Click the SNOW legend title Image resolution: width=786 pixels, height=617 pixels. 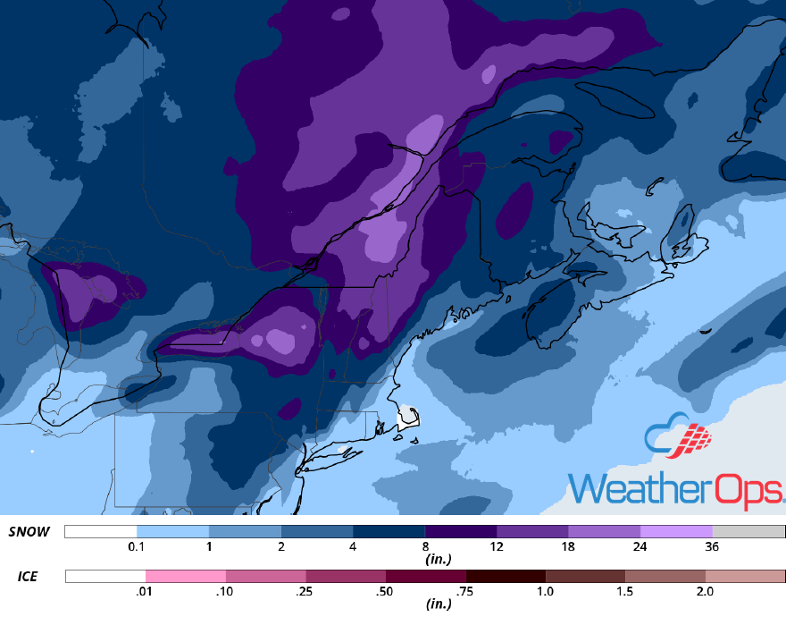29,532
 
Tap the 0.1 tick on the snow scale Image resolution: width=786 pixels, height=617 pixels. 137,546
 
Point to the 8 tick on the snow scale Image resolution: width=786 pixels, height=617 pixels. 425,546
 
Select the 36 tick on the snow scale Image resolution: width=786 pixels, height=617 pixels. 713,546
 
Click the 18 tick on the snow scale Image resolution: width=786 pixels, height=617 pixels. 569,546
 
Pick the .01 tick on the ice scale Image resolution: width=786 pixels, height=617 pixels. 146,591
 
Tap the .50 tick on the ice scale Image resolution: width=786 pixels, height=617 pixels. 386,591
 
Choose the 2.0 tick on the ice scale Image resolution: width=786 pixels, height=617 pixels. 706,591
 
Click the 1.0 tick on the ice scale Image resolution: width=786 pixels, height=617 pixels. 546,591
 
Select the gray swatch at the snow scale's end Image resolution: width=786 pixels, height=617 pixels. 748,532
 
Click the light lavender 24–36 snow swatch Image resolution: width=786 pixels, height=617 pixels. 676,532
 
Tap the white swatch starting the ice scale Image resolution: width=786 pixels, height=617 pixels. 105,577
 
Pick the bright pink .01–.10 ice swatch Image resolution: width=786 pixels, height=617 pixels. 186,577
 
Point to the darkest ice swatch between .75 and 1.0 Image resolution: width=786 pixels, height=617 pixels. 506,577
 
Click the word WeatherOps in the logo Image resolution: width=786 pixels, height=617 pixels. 676,488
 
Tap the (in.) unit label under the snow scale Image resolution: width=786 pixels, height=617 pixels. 436,560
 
